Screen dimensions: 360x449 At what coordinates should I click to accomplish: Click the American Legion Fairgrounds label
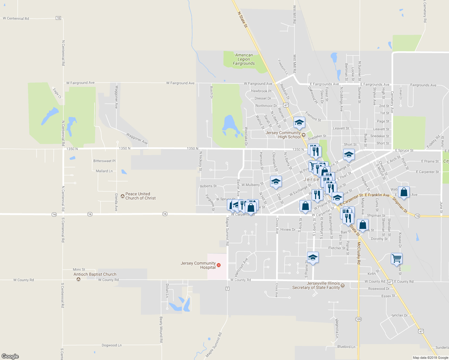click(244, 59)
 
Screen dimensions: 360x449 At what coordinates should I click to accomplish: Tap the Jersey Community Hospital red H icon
click(218, 265)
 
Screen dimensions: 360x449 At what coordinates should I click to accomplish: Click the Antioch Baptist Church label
click(95, 274)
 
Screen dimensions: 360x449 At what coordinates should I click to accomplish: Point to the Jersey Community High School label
click(283, 135)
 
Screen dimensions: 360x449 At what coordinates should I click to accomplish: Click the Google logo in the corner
click(10, 356)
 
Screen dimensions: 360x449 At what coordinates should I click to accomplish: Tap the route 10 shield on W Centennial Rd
click(58, 18)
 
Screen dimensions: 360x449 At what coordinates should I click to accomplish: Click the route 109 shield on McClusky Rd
click(358, 319)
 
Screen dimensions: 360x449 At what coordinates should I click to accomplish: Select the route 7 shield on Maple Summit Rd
click(228, 289)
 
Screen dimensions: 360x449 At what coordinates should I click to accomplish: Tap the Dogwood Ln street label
click(112, 345)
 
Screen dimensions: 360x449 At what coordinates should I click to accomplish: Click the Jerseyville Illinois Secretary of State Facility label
click(316, 285)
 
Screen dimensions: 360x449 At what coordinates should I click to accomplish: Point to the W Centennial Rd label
click(16, 19)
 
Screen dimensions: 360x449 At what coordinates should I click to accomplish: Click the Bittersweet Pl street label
click(104, 161)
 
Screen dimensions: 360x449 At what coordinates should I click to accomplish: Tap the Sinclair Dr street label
click(399, 315)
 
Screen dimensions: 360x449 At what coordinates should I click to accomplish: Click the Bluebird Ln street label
click(346, 347)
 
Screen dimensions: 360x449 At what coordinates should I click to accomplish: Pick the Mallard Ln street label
click(104, 171)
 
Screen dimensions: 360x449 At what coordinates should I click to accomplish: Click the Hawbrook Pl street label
click(261, 91)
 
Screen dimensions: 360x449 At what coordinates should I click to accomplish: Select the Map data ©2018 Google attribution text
click(430, 358)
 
